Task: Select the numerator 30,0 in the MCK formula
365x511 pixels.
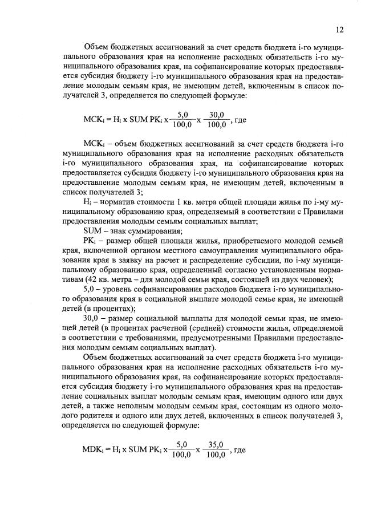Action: (x=217, y=114)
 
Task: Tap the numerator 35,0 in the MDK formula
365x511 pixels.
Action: (x=217, y=444)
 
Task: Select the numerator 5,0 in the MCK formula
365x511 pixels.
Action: (x=182, y=114)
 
